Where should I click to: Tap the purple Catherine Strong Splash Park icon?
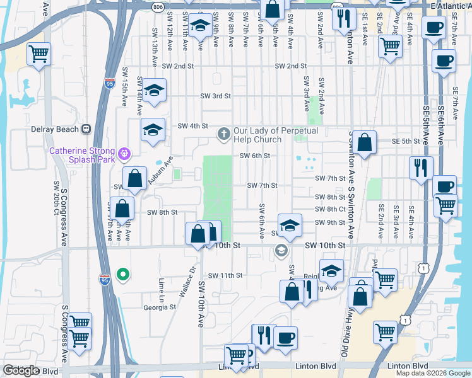tap(125, 152)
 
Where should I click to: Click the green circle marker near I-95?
tap(124, 273)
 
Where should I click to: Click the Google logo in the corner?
tap(21, 370)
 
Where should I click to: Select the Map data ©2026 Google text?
tap(433, 373)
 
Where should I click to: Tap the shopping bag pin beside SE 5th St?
tap(364, 143)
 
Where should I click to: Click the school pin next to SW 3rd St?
tap(153, 91)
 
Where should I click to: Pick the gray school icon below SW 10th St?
tap(281, 252)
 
